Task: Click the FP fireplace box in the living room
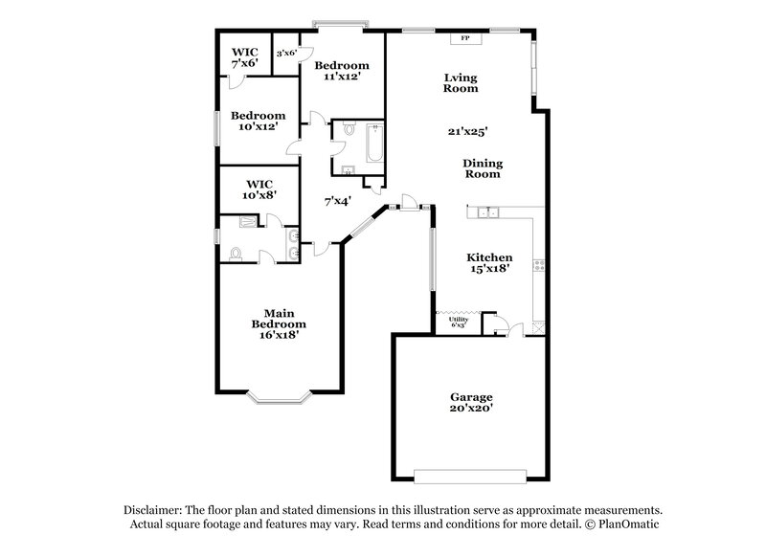(x=465, y=38)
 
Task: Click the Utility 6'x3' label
(x=458, y=323)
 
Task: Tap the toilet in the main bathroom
(x=236, y=253)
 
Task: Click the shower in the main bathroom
(x=249, y=221)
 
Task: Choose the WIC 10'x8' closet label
(x=259, y=189)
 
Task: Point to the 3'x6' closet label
(x=287, y=54)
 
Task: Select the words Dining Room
(x=484, y=168)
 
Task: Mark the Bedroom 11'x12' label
(x=343, y=70)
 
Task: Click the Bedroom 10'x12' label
(x=259, y=120)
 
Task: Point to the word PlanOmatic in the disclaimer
(x=630, y=524)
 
